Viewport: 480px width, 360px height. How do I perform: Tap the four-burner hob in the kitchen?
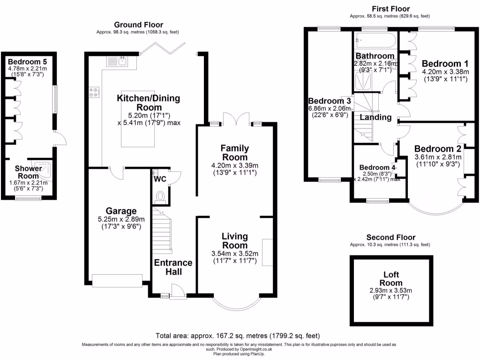(93, 93)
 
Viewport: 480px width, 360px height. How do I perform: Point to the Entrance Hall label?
(173, 267)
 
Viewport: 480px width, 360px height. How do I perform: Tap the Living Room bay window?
(234, 305)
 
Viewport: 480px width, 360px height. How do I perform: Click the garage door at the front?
(117, 280)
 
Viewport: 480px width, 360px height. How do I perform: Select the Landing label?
(375, 117)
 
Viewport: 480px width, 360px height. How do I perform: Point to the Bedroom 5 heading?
(27, 61)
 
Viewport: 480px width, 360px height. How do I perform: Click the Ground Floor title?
(139, 25)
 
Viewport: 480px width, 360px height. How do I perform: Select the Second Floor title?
(390, 237)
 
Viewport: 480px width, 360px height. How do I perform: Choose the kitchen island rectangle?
(138, 118)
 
